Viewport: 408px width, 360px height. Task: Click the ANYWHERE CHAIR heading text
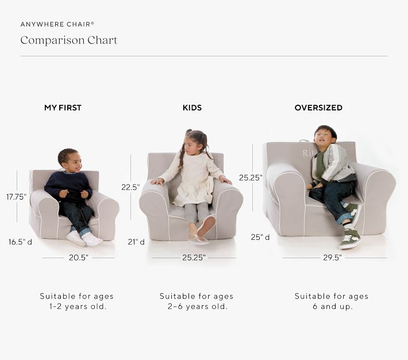(x=57, y=24)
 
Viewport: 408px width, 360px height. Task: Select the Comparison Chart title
(x=68, y=40)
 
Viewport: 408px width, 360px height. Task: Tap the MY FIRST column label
(x=63, y=108)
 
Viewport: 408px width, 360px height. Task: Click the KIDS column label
(x=192, y=108)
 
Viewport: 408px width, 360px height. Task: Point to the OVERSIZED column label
(x=318, y=108)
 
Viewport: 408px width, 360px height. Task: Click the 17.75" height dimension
(x=17, y=196)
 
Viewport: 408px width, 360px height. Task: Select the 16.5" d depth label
(x=20, y=242)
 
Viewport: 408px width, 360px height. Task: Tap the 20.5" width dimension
(x=79, y=258)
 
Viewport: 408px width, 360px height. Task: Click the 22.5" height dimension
(x=130, y=187)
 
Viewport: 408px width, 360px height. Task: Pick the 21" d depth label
(x=136, y=242)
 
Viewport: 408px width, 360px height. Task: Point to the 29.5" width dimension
(x=332, y=258)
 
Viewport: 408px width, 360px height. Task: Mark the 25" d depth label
(x=260, y=237)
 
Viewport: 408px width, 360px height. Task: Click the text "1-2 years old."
(x=78, y=307)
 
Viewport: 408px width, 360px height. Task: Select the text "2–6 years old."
(x=197, y=307)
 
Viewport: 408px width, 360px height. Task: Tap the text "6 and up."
(x=332, y=307)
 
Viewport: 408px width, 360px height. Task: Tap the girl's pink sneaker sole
(x=206, y=225)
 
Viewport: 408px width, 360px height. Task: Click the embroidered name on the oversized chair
(x=309, y=153)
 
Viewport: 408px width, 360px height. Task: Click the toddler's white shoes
(x=84, y=238)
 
